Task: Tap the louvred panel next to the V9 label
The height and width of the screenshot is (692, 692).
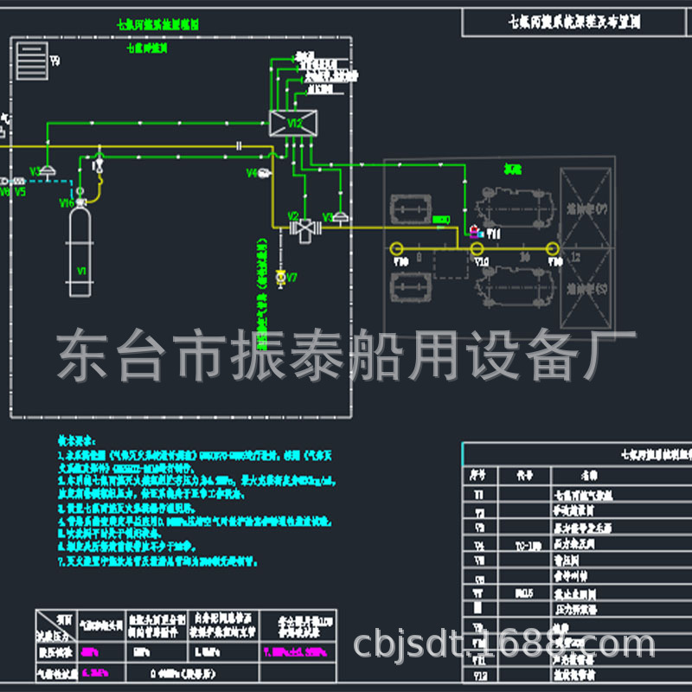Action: [30, 59]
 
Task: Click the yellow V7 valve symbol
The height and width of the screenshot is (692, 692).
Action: [280, 278]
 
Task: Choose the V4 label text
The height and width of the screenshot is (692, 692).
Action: [252, 174]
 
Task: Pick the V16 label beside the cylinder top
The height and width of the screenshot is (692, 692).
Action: [66, 203]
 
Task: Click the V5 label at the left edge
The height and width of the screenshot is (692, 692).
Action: [20, 192]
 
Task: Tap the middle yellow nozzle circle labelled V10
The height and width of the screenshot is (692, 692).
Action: [476, 248]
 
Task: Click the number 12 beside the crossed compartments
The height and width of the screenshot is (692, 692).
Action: [576, 258]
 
